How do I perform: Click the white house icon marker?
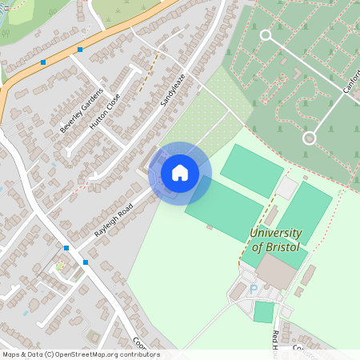[179, 172]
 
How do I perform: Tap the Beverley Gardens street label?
[82, 110]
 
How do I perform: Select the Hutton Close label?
[105, 111]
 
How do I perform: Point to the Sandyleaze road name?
[172, 89]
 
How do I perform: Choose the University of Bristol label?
[275, 240]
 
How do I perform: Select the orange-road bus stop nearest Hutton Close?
[80, 50]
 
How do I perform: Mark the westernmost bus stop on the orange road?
[43, 62]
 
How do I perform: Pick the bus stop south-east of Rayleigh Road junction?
[86, 262]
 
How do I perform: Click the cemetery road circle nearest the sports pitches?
[309, 138]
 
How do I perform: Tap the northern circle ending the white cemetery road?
[266, 34]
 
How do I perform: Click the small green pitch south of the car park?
[263, 312]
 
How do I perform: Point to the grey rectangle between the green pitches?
[286, 188]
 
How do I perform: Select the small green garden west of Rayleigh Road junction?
[59, 265]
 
